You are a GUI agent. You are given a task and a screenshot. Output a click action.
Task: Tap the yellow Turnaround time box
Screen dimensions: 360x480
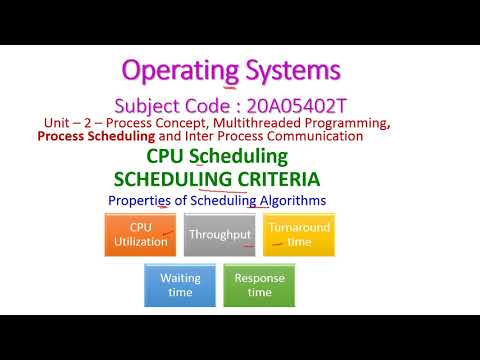click(298, 236)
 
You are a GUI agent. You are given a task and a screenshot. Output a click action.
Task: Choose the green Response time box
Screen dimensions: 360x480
click(259, 285)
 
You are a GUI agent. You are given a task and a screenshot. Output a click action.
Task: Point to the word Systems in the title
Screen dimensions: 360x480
click(294, 71)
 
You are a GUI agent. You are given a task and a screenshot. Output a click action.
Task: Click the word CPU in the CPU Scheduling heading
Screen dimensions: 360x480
click(165, 157)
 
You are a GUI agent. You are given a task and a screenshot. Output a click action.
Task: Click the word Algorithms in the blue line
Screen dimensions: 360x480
click(292, 201)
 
